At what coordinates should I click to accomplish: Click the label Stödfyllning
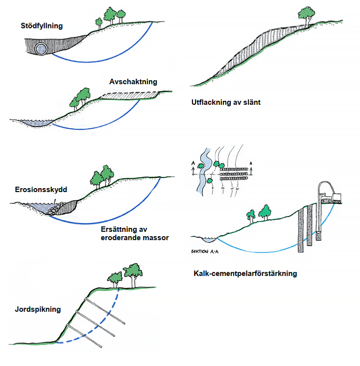(42, 26)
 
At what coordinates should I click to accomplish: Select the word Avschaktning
(133, 82)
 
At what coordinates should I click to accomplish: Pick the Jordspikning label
(38, 309)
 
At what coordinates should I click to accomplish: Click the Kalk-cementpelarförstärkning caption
(245, 273)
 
